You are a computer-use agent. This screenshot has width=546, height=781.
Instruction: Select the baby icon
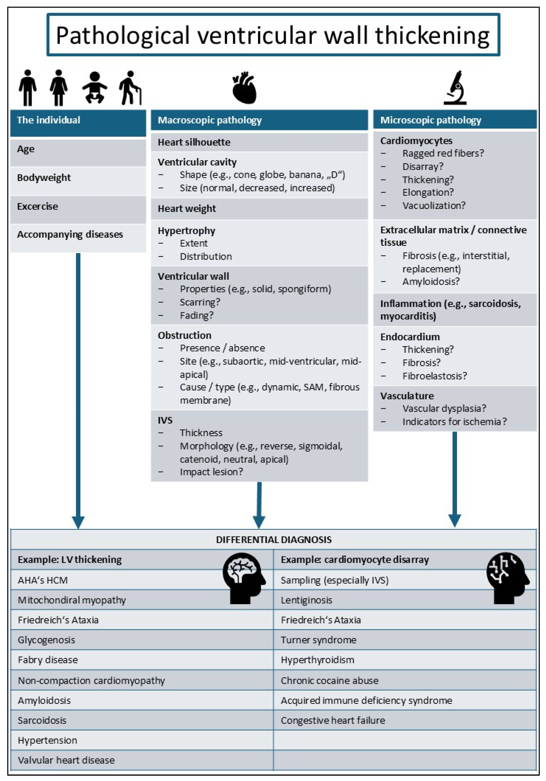[94, 88]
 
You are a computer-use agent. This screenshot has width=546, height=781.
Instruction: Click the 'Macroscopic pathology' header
[210, 120]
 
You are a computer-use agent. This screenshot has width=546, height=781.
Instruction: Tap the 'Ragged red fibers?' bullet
[443, 153]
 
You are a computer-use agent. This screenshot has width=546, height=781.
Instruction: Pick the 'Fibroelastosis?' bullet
[434, 376]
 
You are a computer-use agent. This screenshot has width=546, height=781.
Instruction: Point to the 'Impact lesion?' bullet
[211, 472]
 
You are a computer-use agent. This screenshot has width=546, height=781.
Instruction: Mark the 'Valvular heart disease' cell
[66, 760]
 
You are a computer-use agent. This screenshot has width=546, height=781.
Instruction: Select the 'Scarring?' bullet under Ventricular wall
[200, 302]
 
